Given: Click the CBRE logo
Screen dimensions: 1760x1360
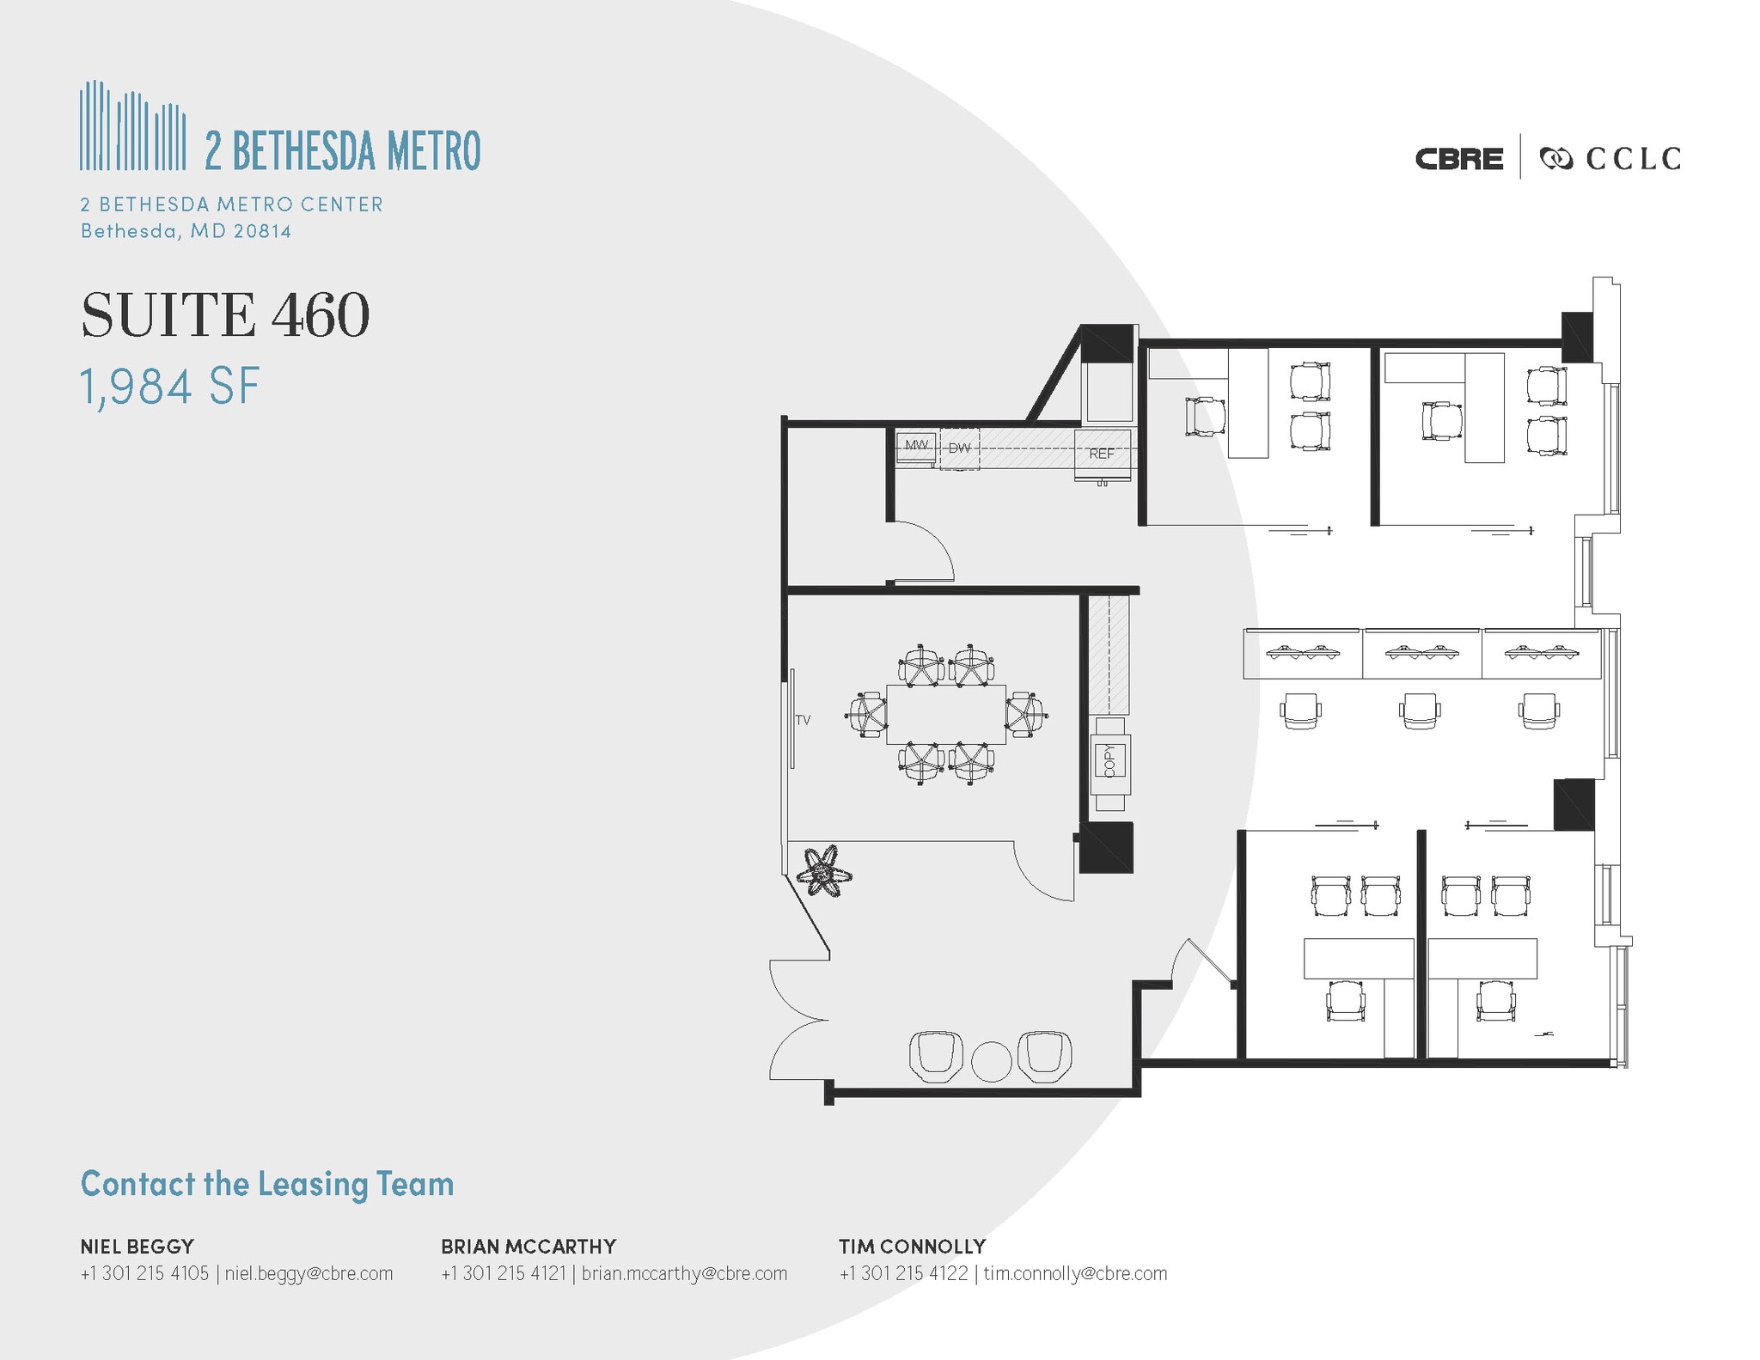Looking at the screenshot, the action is click(1459, 159).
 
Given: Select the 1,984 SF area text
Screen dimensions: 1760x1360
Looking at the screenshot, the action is click(169, 387).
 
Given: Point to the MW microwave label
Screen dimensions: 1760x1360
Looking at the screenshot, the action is click(916, 445).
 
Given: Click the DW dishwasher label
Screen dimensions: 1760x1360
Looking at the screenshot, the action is click(959, 448).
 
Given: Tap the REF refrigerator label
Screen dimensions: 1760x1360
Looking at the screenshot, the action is click(1102, 454).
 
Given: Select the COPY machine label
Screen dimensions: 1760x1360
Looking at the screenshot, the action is click(1109, 760).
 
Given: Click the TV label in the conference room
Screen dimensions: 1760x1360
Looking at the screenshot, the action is click(803, 720).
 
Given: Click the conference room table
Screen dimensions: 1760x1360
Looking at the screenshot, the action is click(945, 714).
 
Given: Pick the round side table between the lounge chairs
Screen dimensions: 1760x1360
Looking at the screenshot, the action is click(992, 1062).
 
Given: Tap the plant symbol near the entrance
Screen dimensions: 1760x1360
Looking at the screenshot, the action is click(824, 873).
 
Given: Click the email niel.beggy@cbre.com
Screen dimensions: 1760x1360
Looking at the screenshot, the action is click(309, 1273).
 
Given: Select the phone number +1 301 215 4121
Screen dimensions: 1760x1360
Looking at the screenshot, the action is click(504, 1273).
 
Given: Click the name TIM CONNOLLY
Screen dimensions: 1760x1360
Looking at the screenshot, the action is click(913, 1246).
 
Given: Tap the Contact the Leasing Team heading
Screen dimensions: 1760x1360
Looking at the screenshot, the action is click(267, 1184).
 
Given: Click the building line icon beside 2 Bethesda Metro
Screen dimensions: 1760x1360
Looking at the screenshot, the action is click(133, 125).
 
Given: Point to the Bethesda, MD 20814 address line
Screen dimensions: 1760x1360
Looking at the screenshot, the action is click(186, 231).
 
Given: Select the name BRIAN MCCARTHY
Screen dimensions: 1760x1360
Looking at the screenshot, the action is click(529, 1246).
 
